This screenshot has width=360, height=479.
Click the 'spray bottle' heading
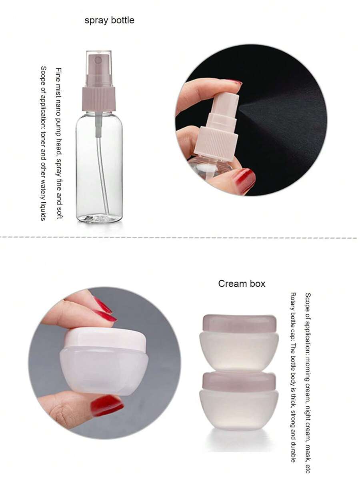[109, 20]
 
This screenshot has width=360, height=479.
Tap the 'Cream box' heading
[241, 283]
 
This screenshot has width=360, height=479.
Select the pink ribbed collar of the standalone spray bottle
[99, 98]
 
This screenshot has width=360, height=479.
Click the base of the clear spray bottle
[99, 218]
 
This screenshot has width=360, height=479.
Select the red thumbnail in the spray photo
[244, 180]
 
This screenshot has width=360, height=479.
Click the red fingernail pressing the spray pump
[234, 82]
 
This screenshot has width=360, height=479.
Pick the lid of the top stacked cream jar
[239, 323]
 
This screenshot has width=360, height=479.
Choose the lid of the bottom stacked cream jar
[239, 381]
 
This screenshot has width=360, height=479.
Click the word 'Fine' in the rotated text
[59, 74]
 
